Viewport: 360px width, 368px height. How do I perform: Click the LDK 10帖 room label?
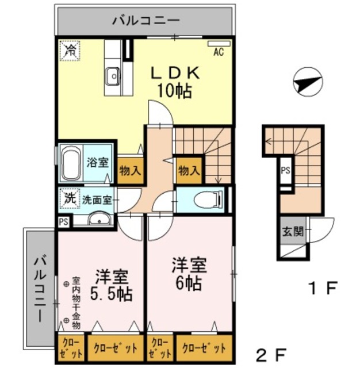(x=175, y=82)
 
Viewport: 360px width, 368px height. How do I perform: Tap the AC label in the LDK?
(x=218, y=52)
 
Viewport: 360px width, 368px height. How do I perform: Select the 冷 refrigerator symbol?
(x=70, y=50)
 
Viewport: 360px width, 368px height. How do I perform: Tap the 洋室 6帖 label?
(x=189, y=275)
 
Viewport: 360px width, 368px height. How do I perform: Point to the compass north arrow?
(x=305, y=83)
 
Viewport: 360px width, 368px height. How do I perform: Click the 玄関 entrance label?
(x=289, y=232)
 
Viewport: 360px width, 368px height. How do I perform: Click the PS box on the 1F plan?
(x=285, y=170)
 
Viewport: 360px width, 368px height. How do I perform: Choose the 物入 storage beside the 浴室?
(x=130, y=170)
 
